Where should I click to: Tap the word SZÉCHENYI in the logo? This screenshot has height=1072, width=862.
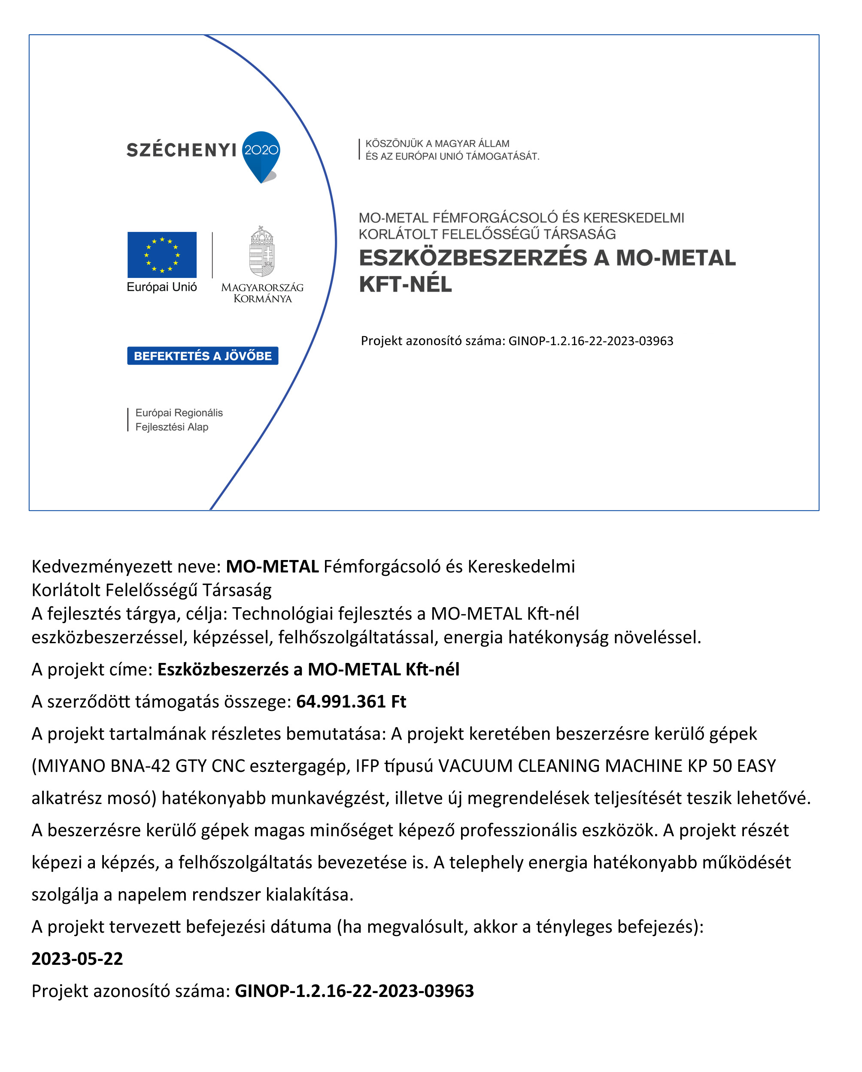click(181, 150)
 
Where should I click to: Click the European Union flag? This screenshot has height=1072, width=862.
click(162, 255)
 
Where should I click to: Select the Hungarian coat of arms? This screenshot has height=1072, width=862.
click(262, 252)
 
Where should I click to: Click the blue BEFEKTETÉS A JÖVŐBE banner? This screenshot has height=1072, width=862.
click(203, 355)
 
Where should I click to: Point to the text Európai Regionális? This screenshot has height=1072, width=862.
click(179, 413)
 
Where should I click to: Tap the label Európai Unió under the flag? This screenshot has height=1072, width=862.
click(162, 287)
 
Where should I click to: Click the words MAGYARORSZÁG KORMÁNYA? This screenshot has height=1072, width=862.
click(262, 293)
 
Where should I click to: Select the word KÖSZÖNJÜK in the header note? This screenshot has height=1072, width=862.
click(394, 144)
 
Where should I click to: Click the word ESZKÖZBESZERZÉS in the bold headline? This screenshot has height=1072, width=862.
click(472, 258)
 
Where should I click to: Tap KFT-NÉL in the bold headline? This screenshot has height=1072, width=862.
click(405, 284)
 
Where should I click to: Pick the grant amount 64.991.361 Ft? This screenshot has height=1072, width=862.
click(351, 702)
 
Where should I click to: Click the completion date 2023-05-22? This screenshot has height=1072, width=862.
click(77, 959)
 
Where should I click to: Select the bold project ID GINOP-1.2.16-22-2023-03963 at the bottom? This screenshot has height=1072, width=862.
click(354, 991)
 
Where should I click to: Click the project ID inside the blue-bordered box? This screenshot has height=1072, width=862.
click(590, 341)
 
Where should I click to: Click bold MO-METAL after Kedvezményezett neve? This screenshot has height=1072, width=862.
click(272, 566)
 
